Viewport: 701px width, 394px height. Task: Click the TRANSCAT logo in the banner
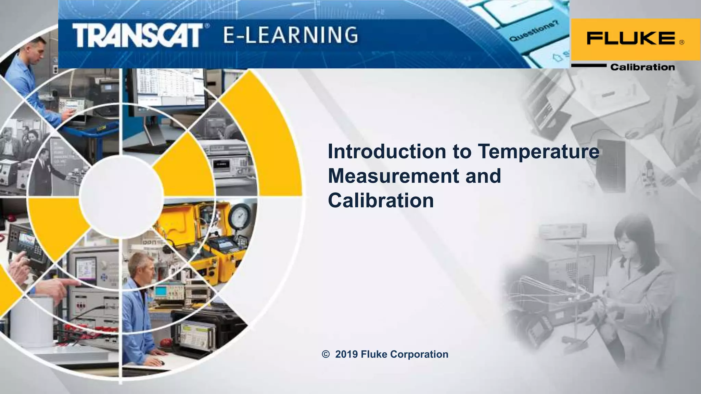coord(137,35)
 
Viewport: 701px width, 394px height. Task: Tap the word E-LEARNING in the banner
coord(291,35)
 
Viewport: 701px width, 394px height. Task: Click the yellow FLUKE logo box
coord(635,39)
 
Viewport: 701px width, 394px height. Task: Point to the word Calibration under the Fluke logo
coord(642,67)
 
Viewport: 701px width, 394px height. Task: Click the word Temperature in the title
coord(538,151)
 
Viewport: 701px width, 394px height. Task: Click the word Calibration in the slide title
coord(381,200)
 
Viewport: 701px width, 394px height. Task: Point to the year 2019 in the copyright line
coord(346,354)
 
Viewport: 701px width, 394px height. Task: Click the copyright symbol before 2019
coord(326,354)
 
